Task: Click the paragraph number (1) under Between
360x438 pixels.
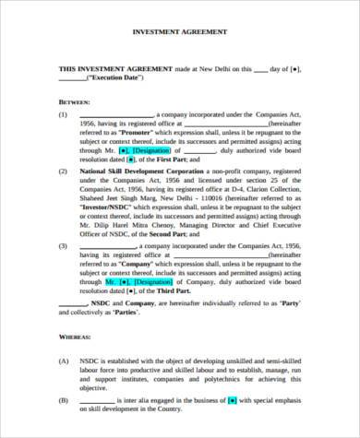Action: (x=63, y=116)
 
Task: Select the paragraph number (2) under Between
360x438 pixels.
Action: (x=63, y=172)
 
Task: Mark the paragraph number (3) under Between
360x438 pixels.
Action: (x=63, y=245)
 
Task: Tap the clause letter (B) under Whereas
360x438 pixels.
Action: (x=63, y=400)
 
